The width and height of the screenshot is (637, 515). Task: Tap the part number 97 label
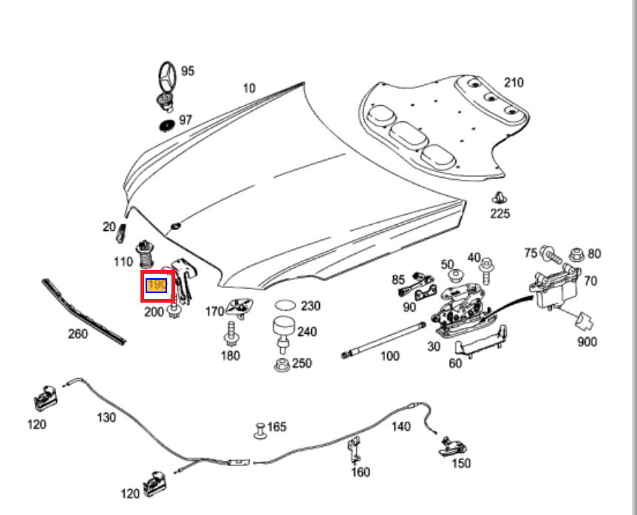pyautogui.click(x=185, y=120)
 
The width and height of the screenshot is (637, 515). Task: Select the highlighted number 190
pyautogui.click(x=157, y=286)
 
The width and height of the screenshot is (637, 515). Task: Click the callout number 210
pyautogui.click(x=514, y=81)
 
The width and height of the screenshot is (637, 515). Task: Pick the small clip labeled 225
pyautogui.click(x=500, y=198)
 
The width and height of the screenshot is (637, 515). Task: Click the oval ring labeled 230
pyautogui.click(x=285, y=305)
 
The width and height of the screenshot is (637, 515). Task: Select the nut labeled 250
pyautogui.click(x=282, y=364)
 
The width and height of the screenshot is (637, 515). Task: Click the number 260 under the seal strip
pyautogui.click(x=78, y=334)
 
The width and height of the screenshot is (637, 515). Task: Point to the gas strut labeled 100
pyautogui.click(x=382, y=340)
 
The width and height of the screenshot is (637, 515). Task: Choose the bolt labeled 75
pyautogui.click(x=552, y=256)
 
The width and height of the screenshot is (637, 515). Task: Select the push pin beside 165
pyautogui.click(x=260, y=429)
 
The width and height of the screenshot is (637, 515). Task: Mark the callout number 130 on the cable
pyautogui.click(x=106, y=417)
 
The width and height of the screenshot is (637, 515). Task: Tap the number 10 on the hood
pyautogui.click(x=249, y=88)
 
